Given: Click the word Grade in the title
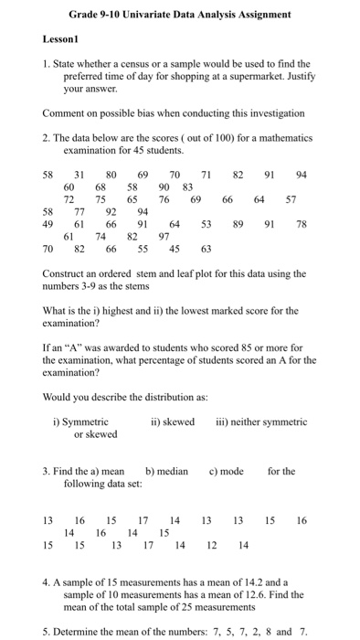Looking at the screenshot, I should pyautogui.click(x=86, y=15).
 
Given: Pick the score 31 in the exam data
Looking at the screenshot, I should pyautogui.click(x=80, y=174).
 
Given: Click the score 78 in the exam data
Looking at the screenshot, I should pyautogui.click(x=301, y=223).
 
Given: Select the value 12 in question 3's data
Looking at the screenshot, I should pyautogui.click(x=212, y=546).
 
